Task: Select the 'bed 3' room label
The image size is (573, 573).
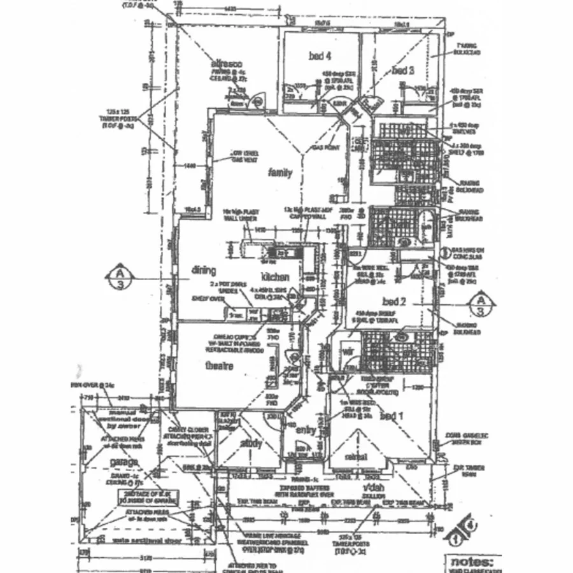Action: click(x=403, y=69)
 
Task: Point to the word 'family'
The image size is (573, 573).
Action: click(x=279, y=173)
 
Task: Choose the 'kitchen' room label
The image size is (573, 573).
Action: click(x=275, y=277)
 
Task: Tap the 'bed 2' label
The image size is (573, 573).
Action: click(x=394, y=301)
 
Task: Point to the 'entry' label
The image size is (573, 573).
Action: click(x=306, y=430)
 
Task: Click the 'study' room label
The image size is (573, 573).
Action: click(x=251, y=443)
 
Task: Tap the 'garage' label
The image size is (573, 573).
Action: click(x=124, y=462)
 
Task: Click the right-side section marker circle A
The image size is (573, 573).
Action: click(x=482, y=304)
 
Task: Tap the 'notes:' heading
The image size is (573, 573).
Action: click(x=471, y=563)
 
